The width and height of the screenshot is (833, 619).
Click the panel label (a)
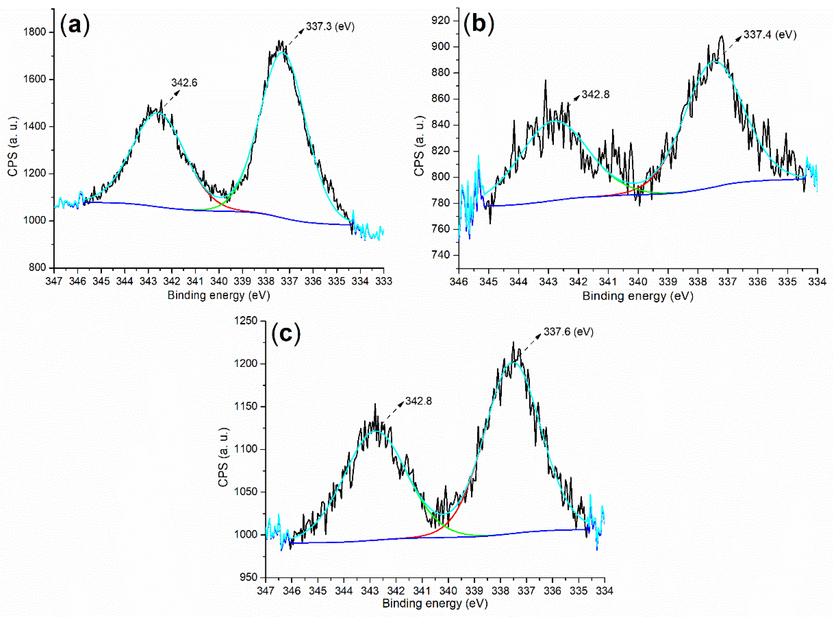[x=75, y=25]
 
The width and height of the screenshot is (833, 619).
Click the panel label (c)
[x=286, y=333]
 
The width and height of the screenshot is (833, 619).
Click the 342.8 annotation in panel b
[x=595, y=94]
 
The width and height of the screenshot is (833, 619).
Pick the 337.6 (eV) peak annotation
[x=568, y=332]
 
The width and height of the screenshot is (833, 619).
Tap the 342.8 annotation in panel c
[x=418, y=401]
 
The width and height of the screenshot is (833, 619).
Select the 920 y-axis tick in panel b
[x=440, y=20]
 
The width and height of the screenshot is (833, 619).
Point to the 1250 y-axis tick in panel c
[x=246, y=321]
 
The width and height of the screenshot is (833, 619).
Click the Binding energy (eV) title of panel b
[x=638, y=296]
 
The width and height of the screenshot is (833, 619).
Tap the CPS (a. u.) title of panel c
[x=223, y=457]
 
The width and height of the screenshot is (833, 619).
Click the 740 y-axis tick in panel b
[x=440, y=255]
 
